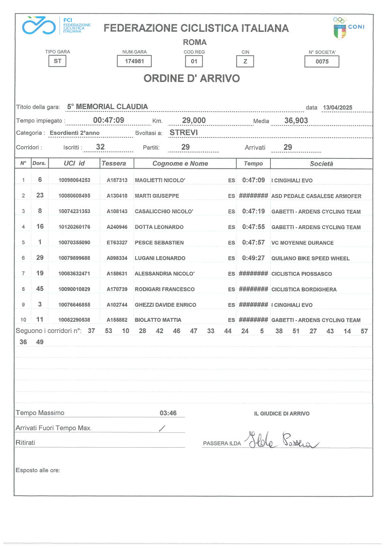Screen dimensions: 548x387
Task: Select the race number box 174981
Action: point(134,61)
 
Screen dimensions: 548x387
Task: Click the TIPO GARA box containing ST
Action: point(58,61)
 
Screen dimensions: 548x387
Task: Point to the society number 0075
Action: point(321,61)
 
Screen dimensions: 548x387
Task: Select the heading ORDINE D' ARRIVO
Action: point(192,79)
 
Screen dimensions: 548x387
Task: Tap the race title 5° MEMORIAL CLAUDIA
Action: point(107,107)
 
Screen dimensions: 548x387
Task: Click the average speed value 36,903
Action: point(296,121)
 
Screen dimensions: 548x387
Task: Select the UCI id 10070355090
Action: point(74,243)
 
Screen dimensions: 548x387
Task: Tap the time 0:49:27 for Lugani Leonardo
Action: point(253,258)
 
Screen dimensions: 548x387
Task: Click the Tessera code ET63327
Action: point(117,243)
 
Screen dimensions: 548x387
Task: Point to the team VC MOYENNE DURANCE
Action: point(303,243)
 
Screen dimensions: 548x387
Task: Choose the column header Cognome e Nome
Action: point(180,163)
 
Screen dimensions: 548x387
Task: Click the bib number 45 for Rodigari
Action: point(40,289)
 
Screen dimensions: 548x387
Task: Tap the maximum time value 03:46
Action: point(168,414)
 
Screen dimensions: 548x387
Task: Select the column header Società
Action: point(321,163)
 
